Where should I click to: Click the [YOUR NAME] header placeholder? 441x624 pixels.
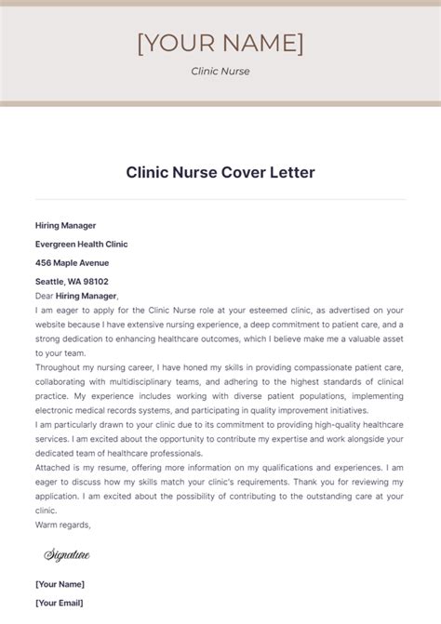point(220,43)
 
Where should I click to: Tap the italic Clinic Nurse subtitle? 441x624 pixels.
point(220,71)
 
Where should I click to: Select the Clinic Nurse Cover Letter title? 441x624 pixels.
point(220,173)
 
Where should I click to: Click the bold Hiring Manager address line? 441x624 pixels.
point(65,225)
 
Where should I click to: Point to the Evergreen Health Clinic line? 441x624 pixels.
point(81,244)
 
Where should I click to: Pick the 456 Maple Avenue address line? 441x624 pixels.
point(73,262)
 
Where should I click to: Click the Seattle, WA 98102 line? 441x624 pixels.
point(72,281)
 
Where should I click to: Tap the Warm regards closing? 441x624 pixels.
point(62,524)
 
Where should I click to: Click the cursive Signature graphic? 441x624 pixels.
point(67,555)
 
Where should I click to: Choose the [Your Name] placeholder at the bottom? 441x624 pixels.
point(60,584)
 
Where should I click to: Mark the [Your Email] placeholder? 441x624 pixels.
point(60,603)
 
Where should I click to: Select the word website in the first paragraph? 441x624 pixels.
point(54,325)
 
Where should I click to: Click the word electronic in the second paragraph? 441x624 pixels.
point(66,410)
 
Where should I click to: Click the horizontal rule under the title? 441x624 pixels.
point(220,199)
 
